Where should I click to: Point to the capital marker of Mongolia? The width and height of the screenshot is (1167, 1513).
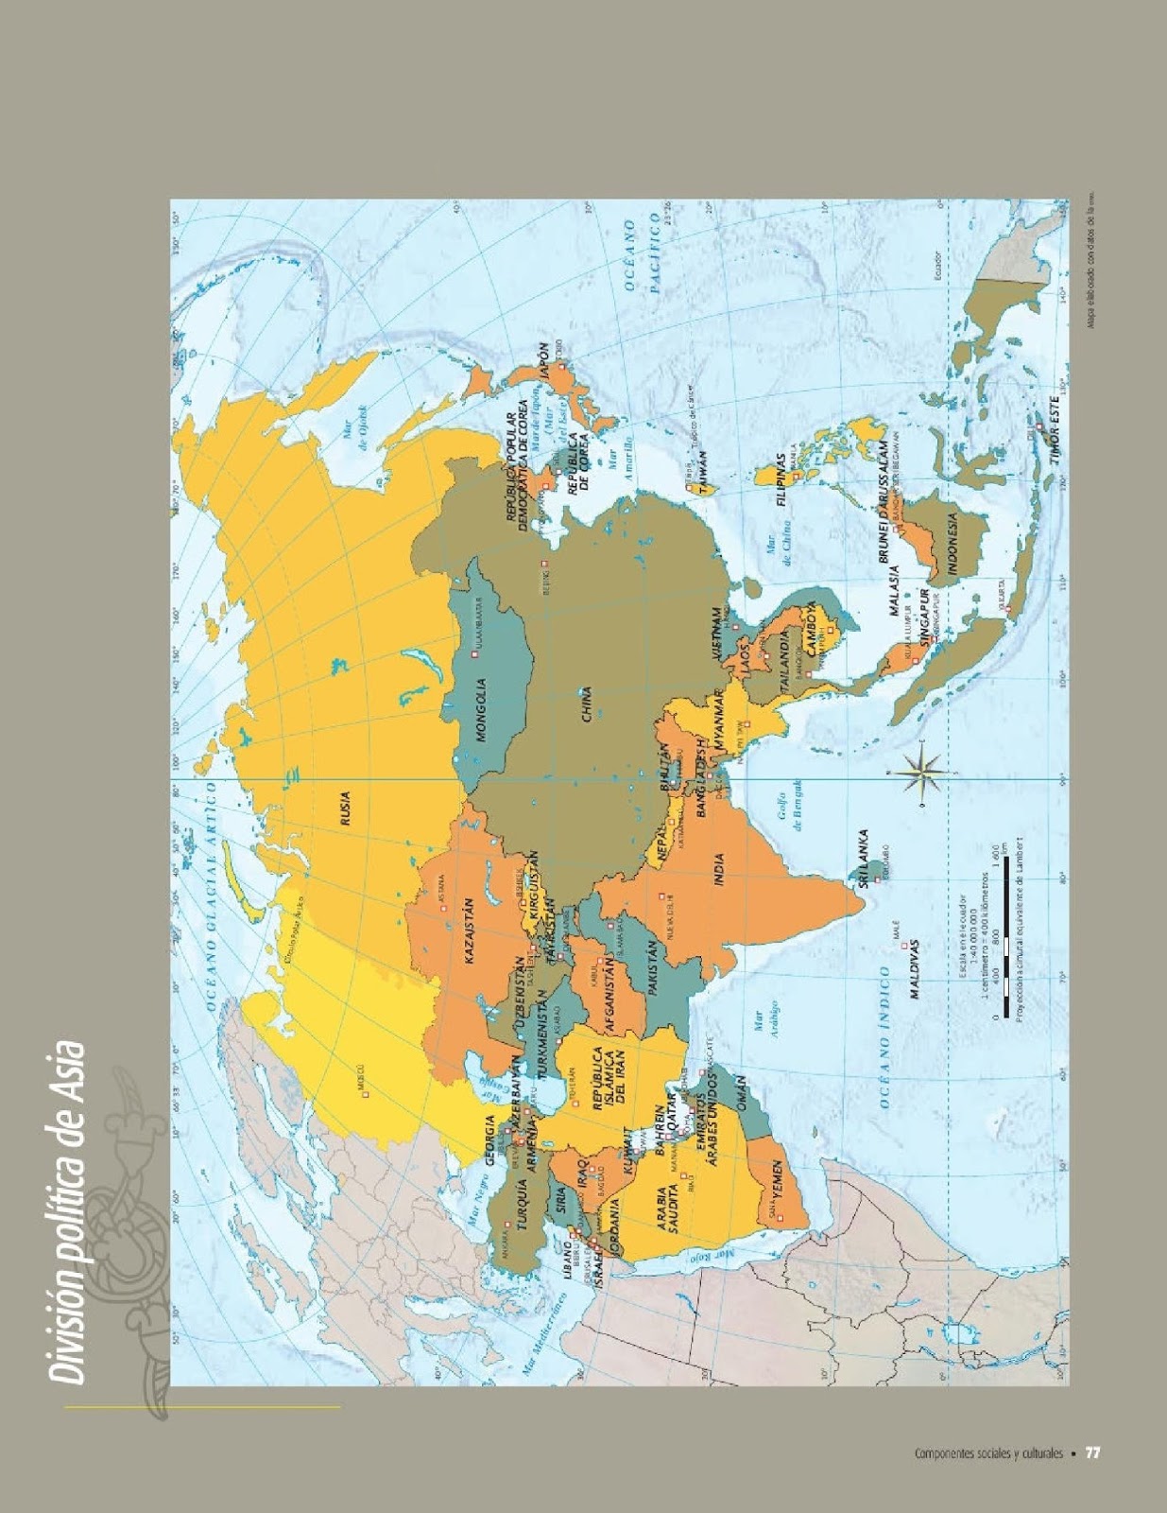click(472, 652)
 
